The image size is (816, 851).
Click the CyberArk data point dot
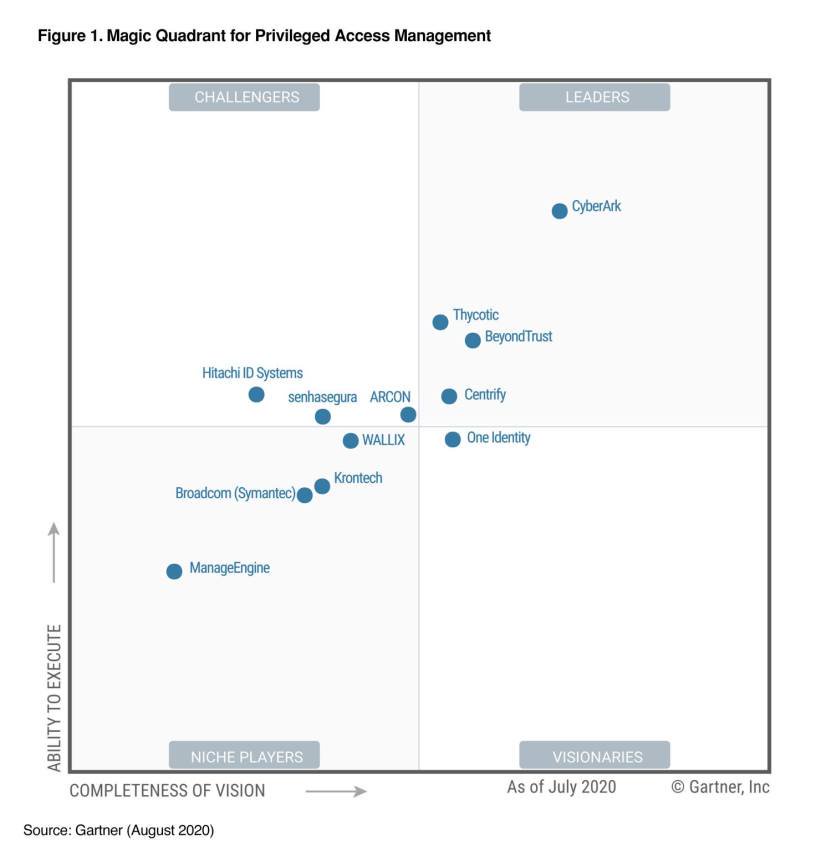pyautogui.click(x=560, y=210)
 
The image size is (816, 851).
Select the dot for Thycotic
pyautogui.click(x=440, y=322)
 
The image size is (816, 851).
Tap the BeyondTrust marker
pyautogui.click(x=473, y=341)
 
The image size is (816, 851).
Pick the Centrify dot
pyautogui.click(x=449, y=396)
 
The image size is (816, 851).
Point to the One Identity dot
pyautogui.click(x=452, y=439)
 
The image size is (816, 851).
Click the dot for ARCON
pyautogui.click(x=408, y=415)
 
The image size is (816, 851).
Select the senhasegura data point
pyautogui.click(x=322, y=417)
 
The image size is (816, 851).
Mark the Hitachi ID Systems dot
pyautogui.click(x=256, y=395)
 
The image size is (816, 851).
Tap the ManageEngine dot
pyautogui.click(x=174, y=571)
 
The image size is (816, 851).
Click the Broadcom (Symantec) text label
pyautogui.click(x=235, y=493)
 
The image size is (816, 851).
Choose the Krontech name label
pyautogui.click(x=358, y=478)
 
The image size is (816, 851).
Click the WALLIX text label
pyautogui.click(x=383, y=440)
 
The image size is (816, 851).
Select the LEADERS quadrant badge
pyautogui.click(x=594, y=97)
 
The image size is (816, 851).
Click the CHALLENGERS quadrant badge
pyautogui.click(x=244, y=97)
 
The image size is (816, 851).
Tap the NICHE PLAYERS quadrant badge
pyautogui.click(x=244, y=756)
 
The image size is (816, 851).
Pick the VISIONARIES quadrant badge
pyautogui.click(x=594, y=756)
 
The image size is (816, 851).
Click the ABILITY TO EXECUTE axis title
pyautogui.click(x=54, y=697)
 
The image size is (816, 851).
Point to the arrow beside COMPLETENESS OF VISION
pyautogui.click(x=335, y=791)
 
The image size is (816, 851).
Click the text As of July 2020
pyautogui.click(x=561, y=787)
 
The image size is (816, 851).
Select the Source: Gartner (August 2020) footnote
pyautogui.click(x=119, y=830)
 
